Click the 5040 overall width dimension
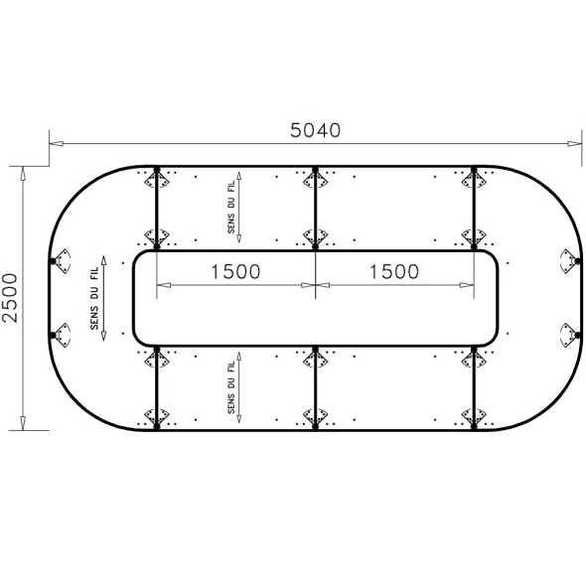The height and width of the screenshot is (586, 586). point(316,130)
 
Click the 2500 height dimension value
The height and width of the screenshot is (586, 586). point(10,298)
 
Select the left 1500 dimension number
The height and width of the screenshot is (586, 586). point(235,272)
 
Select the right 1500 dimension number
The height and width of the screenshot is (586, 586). point(394,272)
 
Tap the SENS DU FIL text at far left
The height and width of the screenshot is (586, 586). point(94,298)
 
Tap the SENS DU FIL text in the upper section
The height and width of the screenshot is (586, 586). point(231,207)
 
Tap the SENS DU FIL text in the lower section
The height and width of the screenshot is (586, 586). point(231,387)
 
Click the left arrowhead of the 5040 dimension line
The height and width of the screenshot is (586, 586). point(56,143)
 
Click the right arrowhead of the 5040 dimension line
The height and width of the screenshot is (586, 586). point(575,143)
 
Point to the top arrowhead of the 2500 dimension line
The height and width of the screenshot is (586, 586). point(23,174)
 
